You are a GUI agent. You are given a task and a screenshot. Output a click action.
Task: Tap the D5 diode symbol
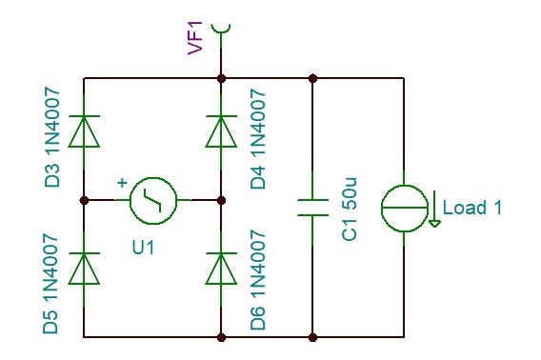85,268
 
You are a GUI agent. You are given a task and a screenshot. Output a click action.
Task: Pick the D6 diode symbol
221,268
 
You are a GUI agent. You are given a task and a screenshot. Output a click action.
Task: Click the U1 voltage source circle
153,200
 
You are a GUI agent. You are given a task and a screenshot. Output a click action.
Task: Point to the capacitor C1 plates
312,207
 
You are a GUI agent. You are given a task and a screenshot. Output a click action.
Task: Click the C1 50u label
350,207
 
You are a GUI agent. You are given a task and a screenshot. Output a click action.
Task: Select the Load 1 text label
471,209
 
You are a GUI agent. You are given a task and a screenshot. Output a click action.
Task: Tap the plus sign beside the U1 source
122,183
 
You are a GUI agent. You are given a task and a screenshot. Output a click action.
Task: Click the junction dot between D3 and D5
85,200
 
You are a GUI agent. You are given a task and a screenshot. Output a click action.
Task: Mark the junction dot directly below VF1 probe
221,78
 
